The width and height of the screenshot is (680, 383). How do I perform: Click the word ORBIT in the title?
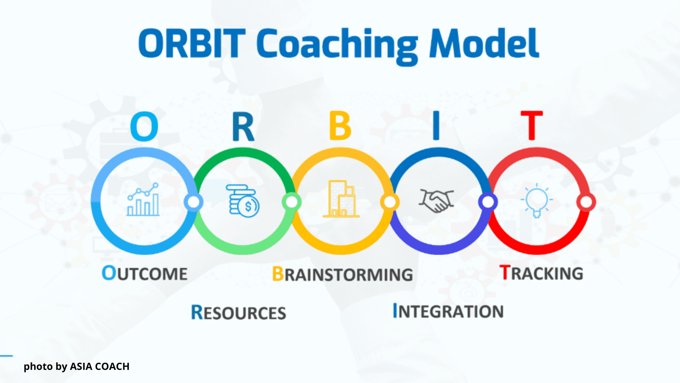(x=192, y=43)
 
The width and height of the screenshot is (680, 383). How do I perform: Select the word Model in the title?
(x=484, y=43)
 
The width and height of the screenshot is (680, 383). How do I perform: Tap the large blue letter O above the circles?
(x=144, y=126)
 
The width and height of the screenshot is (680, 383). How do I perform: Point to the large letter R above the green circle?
(x=243, y=127)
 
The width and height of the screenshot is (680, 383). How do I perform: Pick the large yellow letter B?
(x=340, y=126)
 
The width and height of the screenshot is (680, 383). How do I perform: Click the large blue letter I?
(x=436, y=126)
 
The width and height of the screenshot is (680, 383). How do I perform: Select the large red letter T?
(x=532, y=125)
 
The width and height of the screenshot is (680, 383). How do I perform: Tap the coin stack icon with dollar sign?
(x=243, y=201)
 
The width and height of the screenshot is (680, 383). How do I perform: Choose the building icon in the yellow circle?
(x=341, y=199)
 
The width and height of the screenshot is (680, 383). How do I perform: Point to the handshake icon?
(x=436, y=201)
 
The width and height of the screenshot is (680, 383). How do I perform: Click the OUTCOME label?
(x=144, y=273)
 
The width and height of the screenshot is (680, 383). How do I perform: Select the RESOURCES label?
(x=238, y=312)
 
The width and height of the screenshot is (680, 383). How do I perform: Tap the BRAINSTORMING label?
(x=342, y=274)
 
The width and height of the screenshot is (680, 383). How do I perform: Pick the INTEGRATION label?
(x=448, y=311)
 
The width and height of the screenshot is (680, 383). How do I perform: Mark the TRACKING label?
(x=541, y=273)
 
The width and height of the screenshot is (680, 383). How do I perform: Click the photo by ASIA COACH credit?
(x=76, y=367)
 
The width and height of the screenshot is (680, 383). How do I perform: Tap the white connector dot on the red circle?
(x=586, y=202)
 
